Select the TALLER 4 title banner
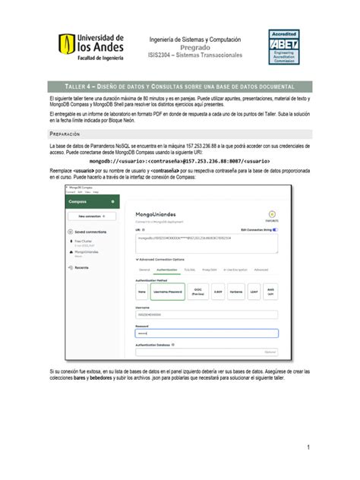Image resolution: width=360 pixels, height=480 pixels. pos(179,87)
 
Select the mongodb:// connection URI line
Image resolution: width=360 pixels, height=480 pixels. pos(179,162)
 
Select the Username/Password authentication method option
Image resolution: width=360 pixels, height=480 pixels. pos(168,290)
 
